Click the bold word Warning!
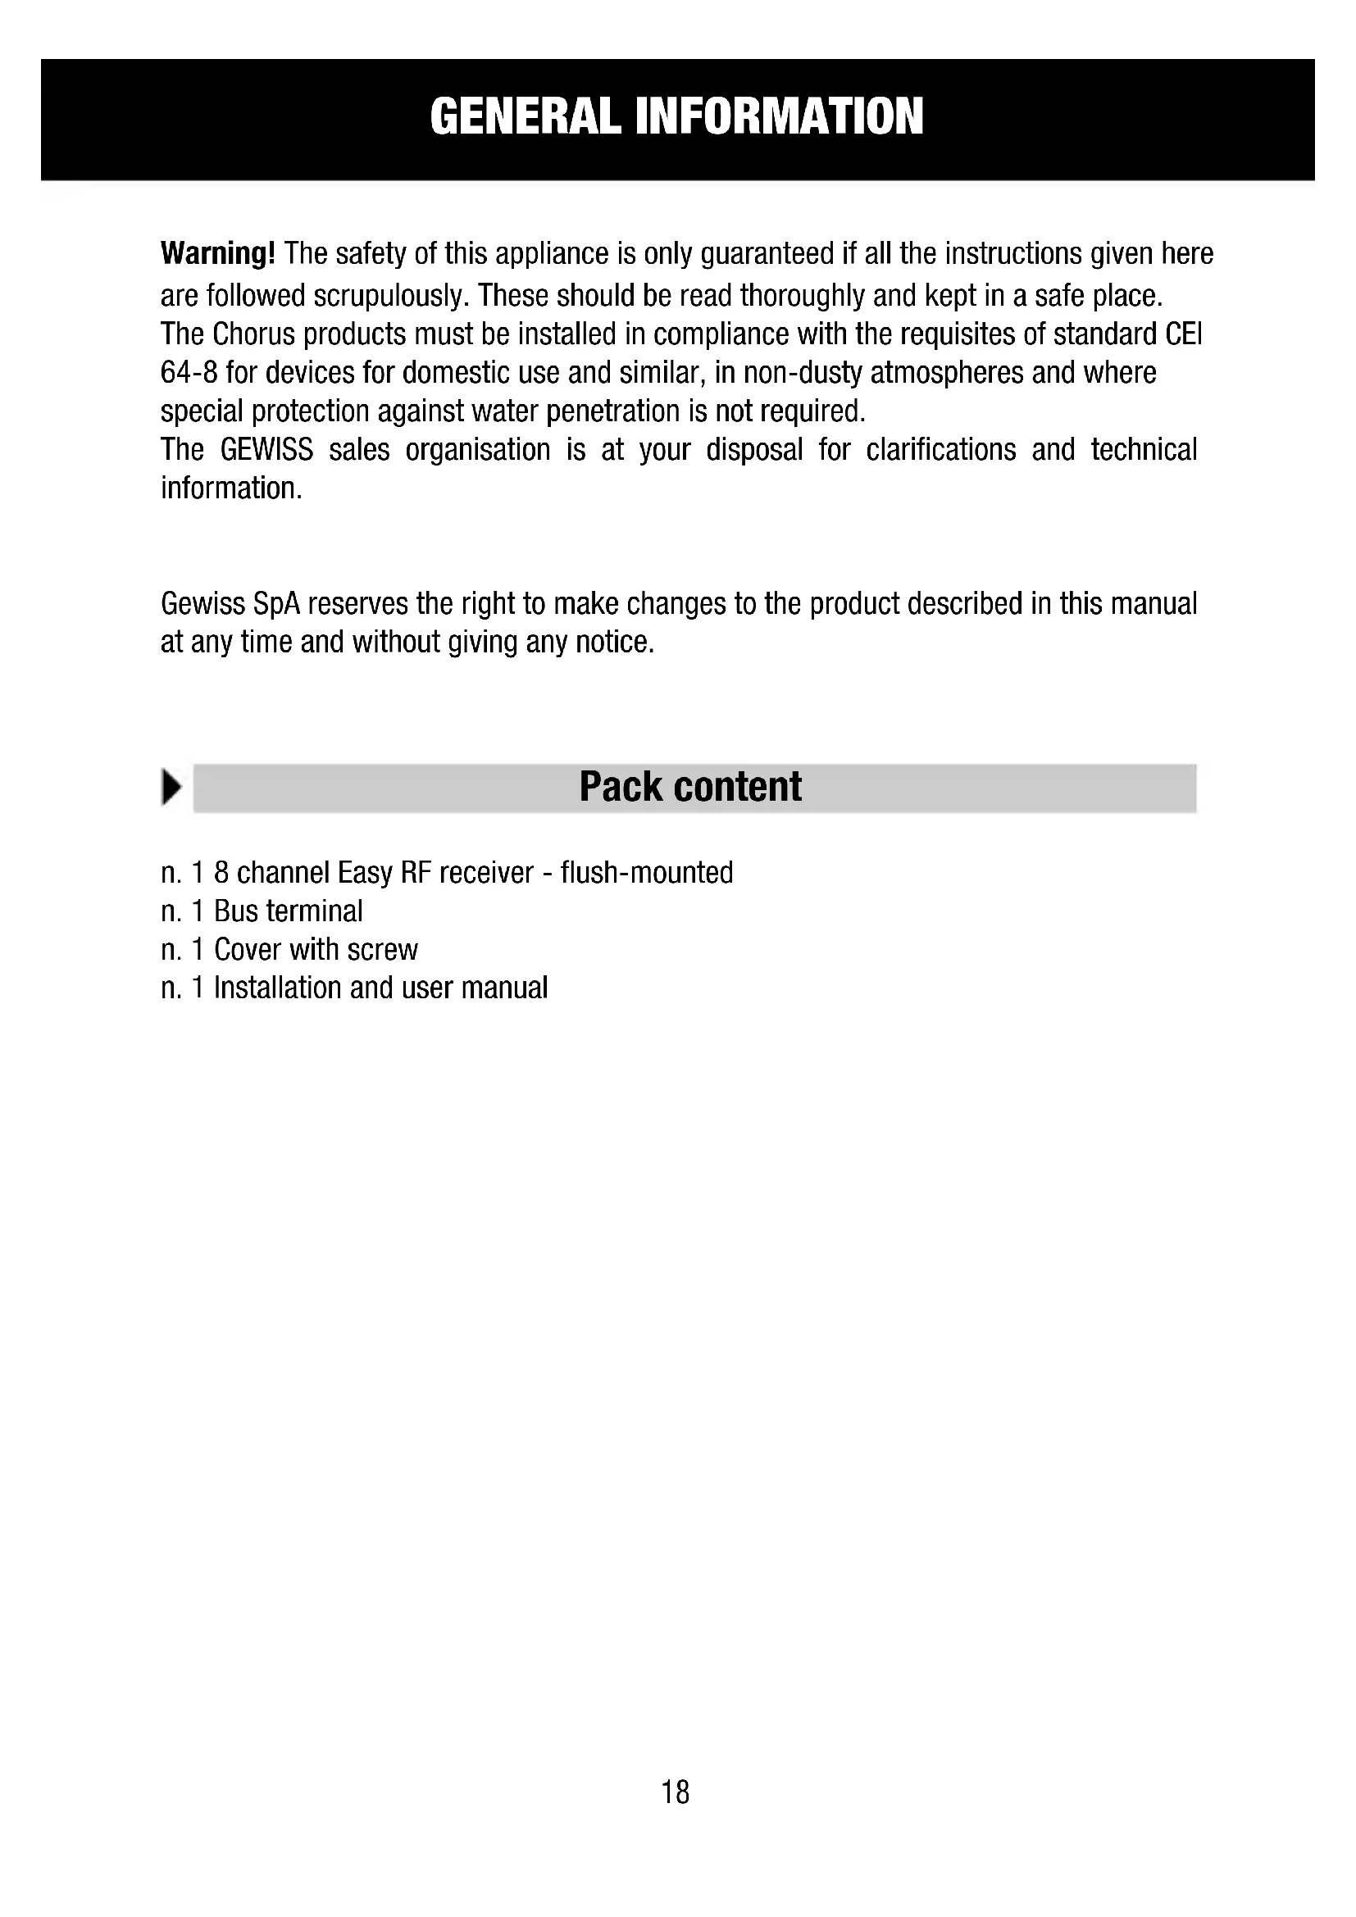(217, 253)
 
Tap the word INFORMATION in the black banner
(779, 116)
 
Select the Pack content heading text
(690, 787)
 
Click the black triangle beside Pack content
(172, 788)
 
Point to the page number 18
(676, 1792)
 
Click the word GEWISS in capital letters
(266, 450)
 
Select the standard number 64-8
(189, 372)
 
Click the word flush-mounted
(646, 873)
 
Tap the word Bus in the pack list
(233, 911)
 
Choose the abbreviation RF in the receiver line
(415, 873)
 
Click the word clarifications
(941, 450)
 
